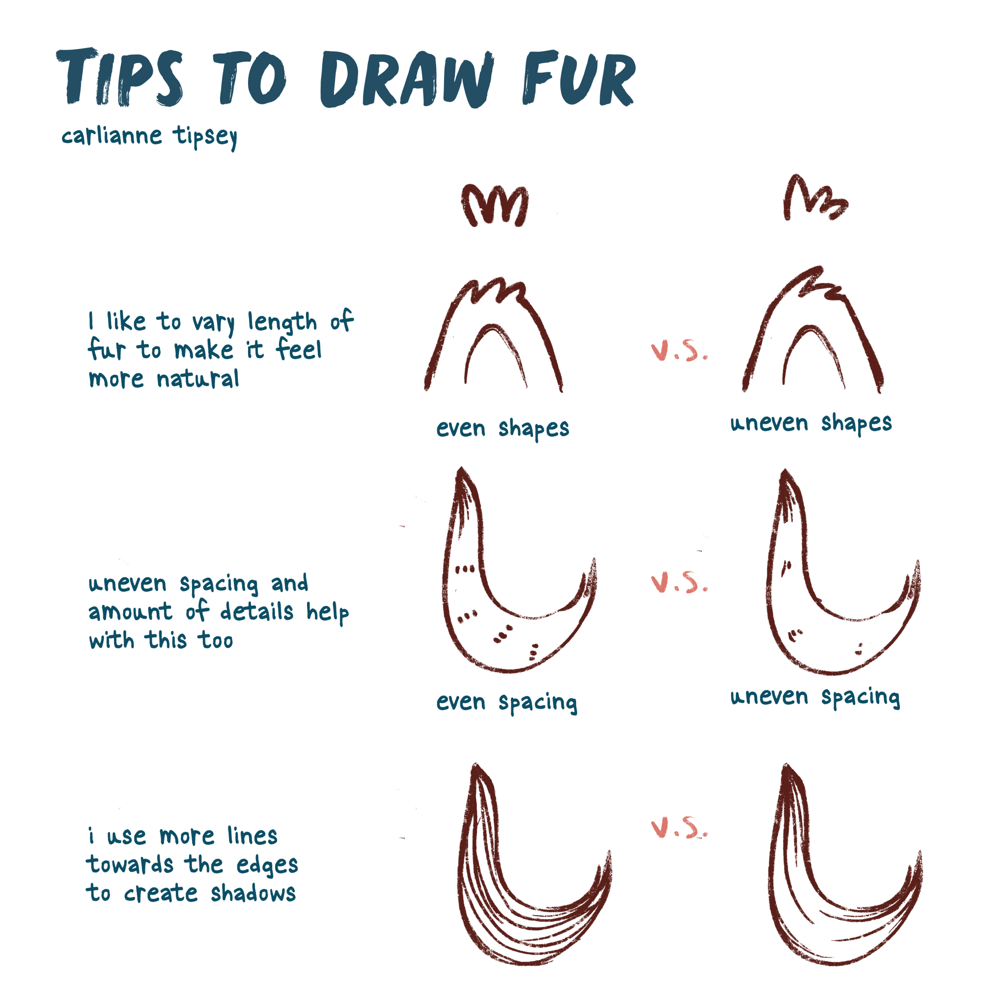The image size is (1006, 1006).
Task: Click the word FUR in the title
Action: click(578, 78)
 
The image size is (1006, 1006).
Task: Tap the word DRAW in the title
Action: click(406, 79)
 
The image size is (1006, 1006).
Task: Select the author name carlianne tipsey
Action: click(149, 137)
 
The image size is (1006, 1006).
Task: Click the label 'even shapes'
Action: click(503, 428)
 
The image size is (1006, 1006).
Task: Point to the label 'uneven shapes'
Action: click(810, 423)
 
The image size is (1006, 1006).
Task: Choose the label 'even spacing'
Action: click(506, 702)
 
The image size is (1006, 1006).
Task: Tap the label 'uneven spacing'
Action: click(815, 697)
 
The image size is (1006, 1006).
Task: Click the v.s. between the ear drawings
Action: click(679, 352)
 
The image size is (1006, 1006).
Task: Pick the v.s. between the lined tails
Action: click(679, 828)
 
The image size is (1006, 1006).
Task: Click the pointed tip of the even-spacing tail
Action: click(461, 471)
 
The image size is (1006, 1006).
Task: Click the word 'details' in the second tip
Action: click(256, 612)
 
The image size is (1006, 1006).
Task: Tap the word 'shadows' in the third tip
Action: click(253, 894)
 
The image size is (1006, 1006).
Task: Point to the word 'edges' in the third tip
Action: click(267, 866)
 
